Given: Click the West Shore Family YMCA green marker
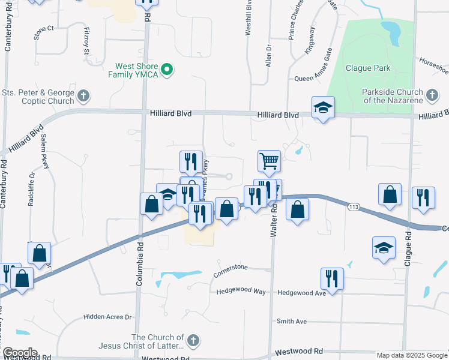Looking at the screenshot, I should (169, 70).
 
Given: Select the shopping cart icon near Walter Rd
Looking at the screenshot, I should (269, 161).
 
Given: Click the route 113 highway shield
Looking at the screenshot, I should (353, 206).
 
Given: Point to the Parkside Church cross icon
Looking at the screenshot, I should (431, 95).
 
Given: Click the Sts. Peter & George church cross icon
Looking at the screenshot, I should (83, 95).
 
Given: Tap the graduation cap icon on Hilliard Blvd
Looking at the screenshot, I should (323, 108).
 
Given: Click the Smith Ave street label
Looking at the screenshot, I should (292, 322).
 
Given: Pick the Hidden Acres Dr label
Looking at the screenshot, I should (107, 317).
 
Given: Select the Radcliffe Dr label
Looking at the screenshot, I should (31, 189).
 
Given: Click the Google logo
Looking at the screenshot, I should (19, 353).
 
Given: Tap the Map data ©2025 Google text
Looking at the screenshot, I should (412, 355).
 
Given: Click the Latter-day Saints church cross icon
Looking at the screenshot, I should (193, 341).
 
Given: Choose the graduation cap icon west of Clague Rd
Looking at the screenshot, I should (384, 248).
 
